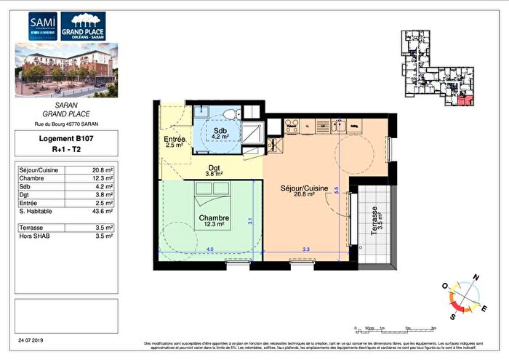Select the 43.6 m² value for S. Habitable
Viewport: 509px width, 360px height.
(103, 213)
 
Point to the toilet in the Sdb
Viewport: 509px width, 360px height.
(231, 114)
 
